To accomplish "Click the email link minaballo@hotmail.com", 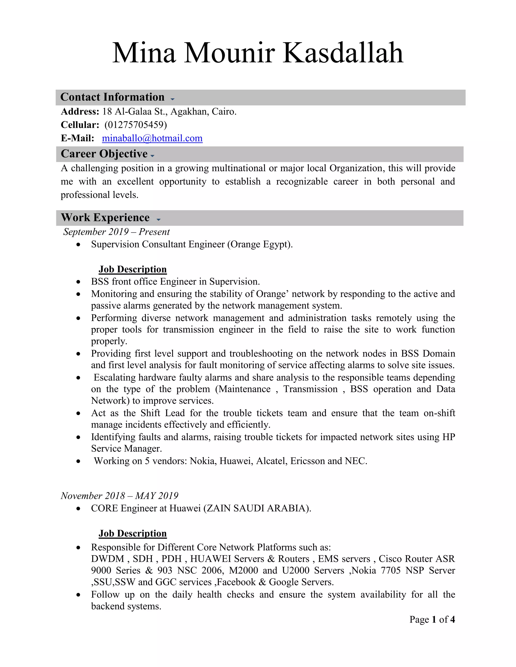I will click(152, 138).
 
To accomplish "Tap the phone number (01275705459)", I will click(136, 125).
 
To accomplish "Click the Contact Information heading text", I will click(112, 97).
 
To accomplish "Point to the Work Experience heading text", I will click(105, 218).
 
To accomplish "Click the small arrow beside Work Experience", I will click(158, 219).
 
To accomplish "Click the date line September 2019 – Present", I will click(116, 232).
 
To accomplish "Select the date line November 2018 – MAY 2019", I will click(119, 496).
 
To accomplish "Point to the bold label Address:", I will click(80, 112).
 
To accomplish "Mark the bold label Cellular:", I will click(80, 125).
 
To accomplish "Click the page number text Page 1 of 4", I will click(432, 619).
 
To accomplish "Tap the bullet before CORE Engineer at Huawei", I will click(79, 509).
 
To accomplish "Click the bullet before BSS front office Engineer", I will click(79, 282).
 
